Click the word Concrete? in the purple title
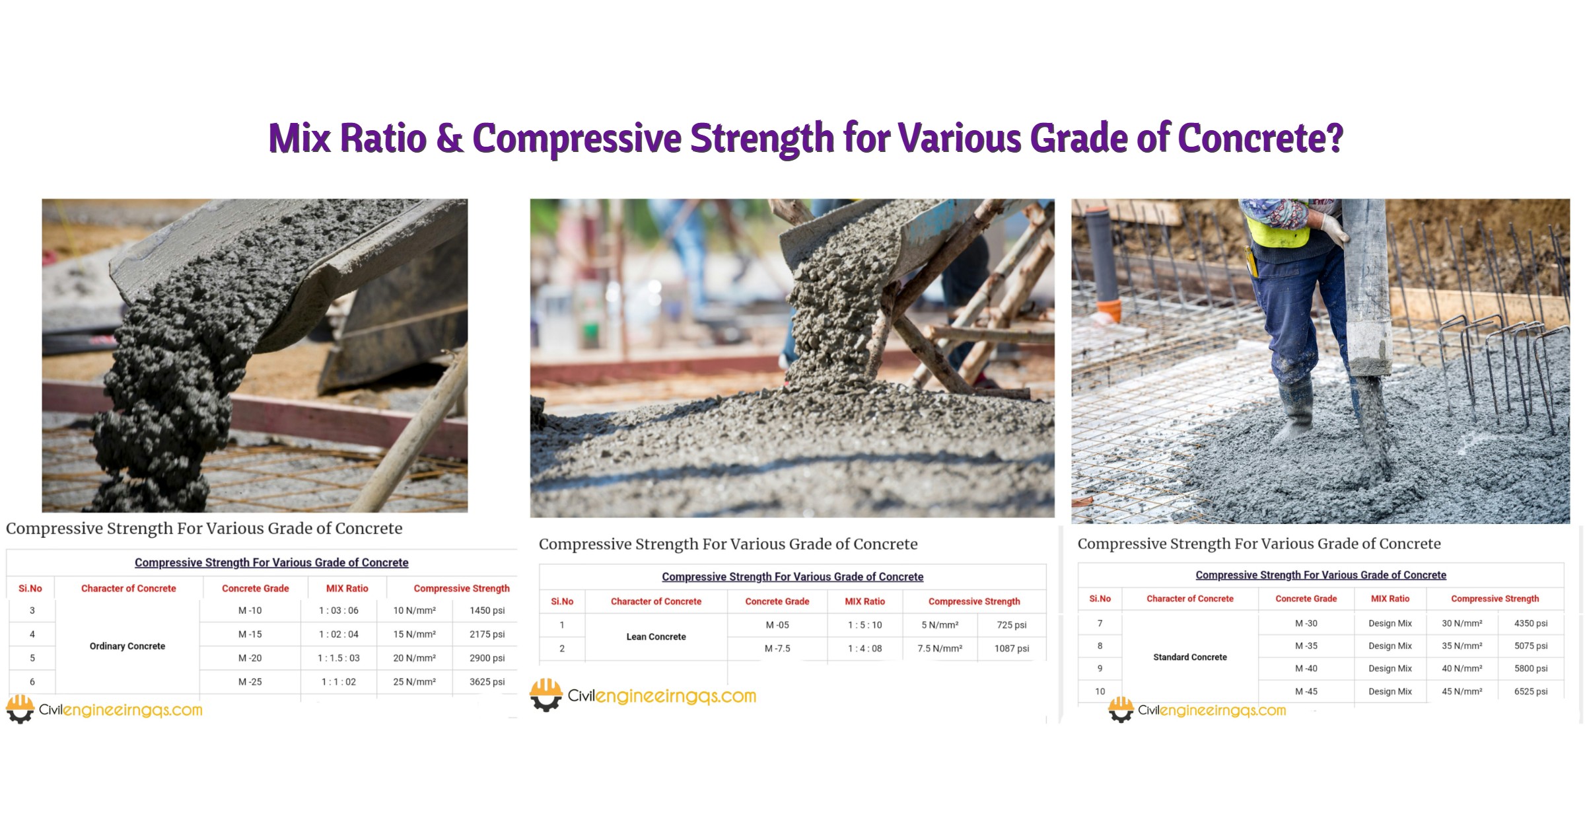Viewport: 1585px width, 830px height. pyautogui.click(x=1260, y=138)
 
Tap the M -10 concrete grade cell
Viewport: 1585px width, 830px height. pyautogui.click(x=250, y=611)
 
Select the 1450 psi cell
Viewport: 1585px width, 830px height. pyautogui.click(x=487, y=611)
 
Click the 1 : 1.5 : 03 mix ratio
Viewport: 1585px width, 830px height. pyautogui.click(x=339, y=658)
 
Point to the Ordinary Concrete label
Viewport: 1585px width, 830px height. pyautogui.click(x=127, y=646)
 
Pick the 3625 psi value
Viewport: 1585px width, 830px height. pyautogui.click(x=487, y=682)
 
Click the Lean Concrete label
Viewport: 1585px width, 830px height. pyautogui.click(x=656, y=637)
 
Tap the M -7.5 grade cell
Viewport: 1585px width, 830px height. pyautogui.click(x=777, y=649)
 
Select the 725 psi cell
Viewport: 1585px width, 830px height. pyautogui.click(x=1012, y=625)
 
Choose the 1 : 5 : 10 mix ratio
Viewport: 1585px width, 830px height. pyautogui.click(x=865, y=625)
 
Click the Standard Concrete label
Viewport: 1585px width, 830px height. pyautogui.click(x=1190, y=658)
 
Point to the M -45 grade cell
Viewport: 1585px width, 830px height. pyautogui.click(x=1306, y=692)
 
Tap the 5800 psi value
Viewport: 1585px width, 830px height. pyautogui.click(x=1531, y=669)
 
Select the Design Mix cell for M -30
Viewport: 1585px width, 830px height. pyautogui.click(x=1390, y=624)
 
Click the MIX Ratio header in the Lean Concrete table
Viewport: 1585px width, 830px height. pyautogui.click(x=865, y=602)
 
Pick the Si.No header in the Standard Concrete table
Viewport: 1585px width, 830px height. pyautogui.click(x=1100, y=599)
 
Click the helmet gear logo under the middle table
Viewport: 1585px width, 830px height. pyautogui.click(x=546, y=695)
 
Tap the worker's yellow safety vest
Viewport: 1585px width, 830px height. pyautogui.click(x=1278, y=231)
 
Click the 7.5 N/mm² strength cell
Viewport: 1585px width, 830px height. pyautogui.click(x=940, y=649)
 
